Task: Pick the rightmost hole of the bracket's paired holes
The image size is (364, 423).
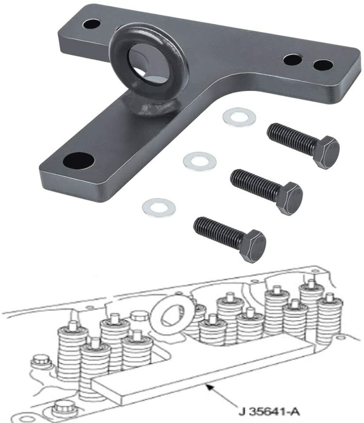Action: (x=322, y=65)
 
